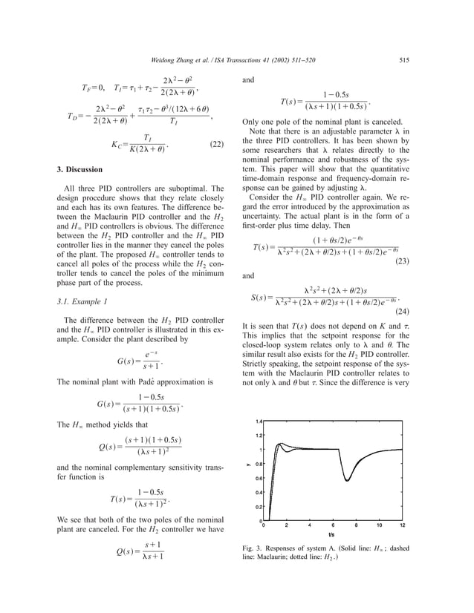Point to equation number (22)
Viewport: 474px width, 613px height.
click(216, 145)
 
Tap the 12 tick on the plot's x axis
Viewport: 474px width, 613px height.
click(402, 525)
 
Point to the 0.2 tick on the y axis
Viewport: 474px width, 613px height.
click(259, 506)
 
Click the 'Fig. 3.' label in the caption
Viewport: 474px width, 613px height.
click(255, 550)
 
